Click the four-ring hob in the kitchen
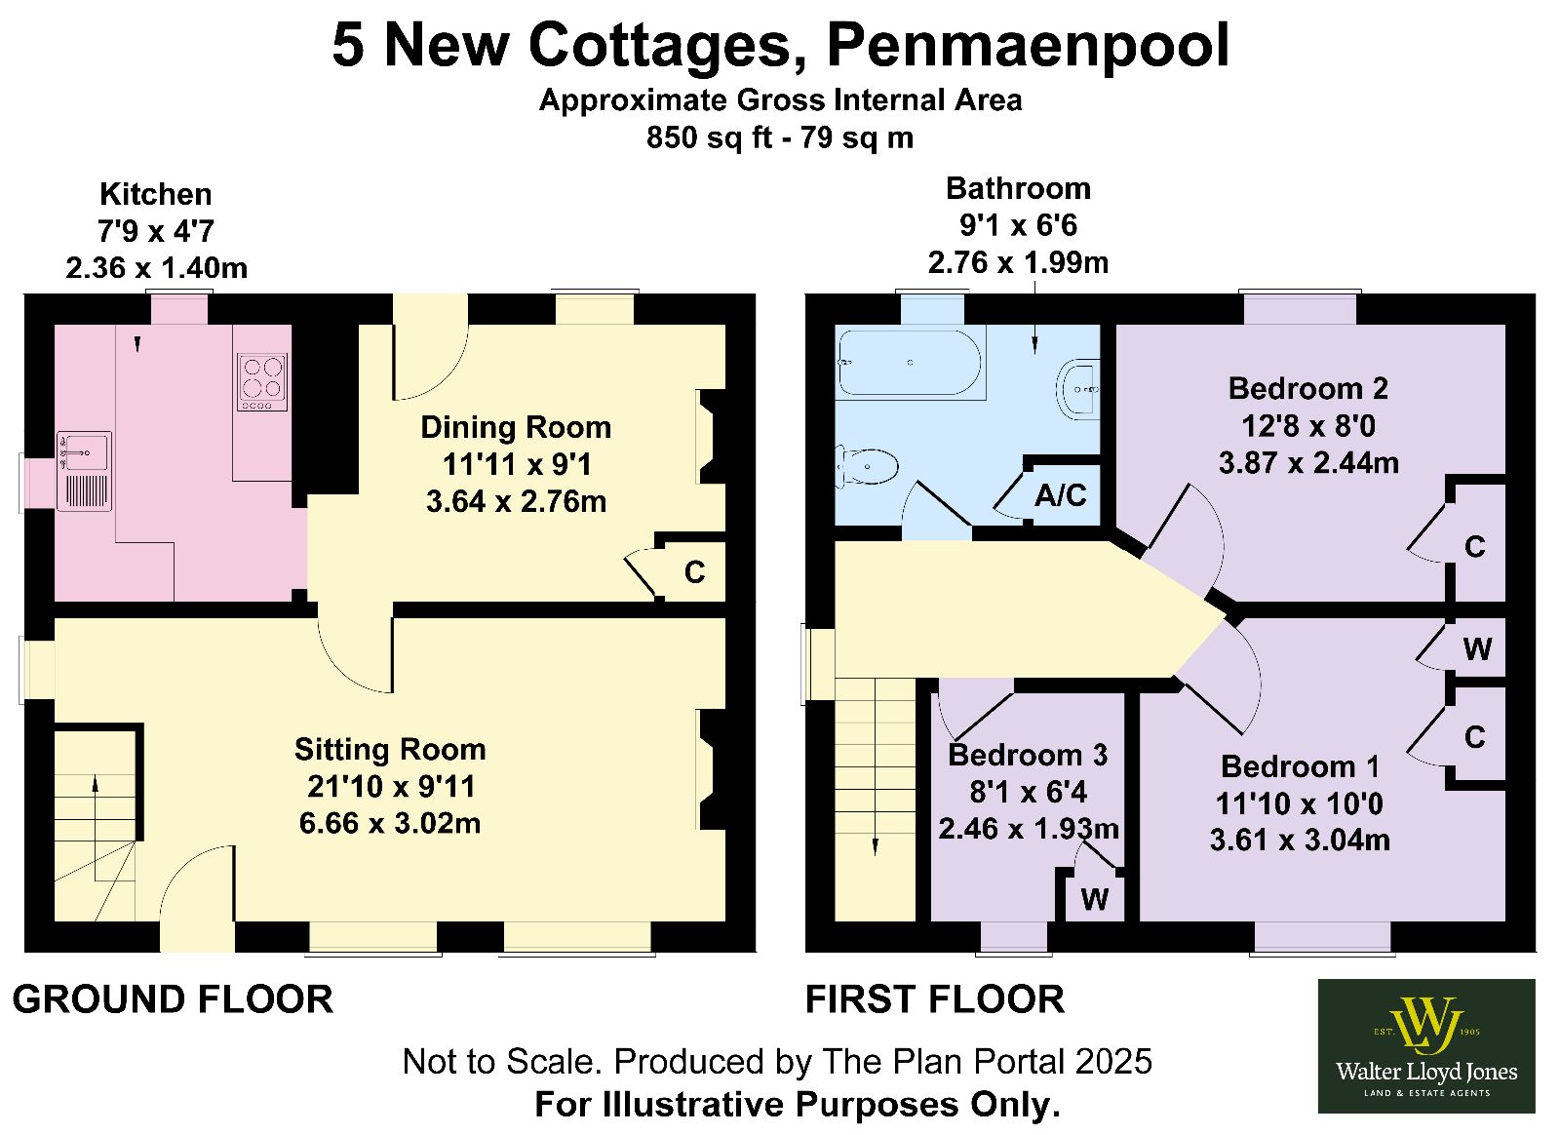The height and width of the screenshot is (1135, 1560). tap(262, 381)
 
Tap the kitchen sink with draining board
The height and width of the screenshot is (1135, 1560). tap(84, 471)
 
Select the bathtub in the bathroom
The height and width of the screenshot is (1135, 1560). tap(912, 363)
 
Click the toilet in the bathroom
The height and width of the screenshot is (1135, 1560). tap(867, 465)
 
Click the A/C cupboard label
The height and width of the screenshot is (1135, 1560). tap(1060, 495)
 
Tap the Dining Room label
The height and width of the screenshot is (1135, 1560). tap(516, 427)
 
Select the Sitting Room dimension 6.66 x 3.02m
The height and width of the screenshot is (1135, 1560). tap(389, 823)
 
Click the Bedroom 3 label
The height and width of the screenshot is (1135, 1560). tap(1028, 756)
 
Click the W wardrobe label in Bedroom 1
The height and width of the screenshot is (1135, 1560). tap(1477, 649)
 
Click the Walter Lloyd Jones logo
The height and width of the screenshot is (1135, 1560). tap(1426, 1046)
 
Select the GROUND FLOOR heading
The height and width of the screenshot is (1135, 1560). tap(173, 999)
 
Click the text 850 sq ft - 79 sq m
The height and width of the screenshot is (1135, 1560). tap(779, 137)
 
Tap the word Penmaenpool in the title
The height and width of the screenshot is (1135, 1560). tap(1028, 46)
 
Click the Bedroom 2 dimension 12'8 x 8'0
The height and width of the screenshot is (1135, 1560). tap(1307, 426)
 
